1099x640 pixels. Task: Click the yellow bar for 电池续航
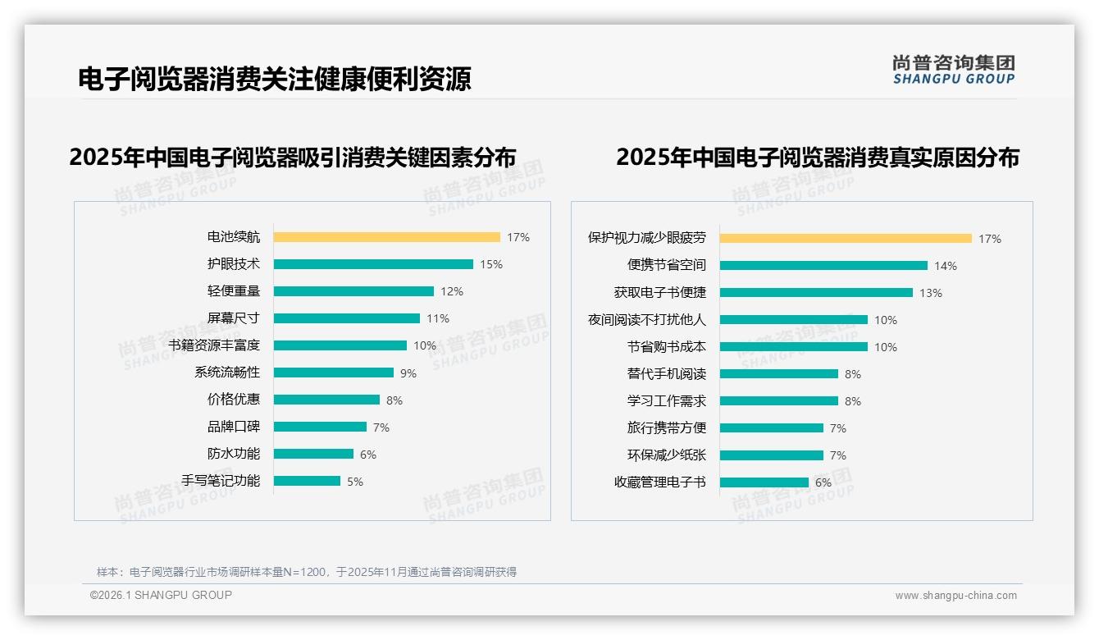(386, 237)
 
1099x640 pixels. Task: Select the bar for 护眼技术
(373, 264)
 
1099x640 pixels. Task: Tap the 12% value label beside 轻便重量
(452, 291)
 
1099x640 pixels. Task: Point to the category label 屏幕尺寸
(233, 318)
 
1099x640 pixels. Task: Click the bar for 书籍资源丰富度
(340, 345)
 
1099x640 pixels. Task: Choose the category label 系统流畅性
(226, 373)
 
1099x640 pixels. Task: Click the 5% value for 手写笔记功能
(355, 482)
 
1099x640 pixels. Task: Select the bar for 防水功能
(313, 454)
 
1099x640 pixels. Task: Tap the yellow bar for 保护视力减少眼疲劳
(846, 239)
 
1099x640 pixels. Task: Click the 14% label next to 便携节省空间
(946, 266)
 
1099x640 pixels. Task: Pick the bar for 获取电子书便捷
(816, 293)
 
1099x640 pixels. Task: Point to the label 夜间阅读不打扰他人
(646, 320)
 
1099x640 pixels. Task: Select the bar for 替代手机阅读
(779, 374)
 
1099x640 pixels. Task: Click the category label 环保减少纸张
(666, 455)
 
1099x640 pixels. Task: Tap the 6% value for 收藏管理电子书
(823, 482)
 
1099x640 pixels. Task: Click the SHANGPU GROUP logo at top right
(954, 70)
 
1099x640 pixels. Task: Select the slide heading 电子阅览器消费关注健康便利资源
(275, 79)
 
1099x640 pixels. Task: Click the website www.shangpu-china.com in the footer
(955, 596)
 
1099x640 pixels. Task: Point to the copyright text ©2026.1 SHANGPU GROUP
(161, 595)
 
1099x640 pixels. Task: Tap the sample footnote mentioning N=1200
(307, 572)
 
